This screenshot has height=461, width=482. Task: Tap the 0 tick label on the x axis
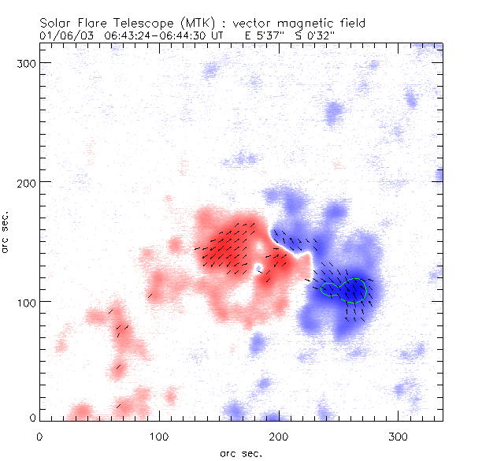tap(39, 436)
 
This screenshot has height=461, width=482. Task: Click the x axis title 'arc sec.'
tap(240, 452)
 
